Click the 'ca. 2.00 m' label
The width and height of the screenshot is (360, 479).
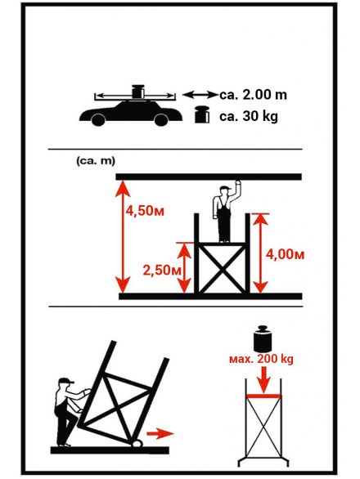(x=254, y=95)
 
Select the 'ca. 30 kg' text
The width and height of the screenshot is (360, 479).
(x=249, y=116)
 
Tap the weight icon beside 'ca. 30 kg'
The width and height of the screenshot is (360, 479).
(x=202, y=114)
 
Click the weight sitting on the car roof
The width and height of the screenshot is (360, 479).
(x=138, y=92)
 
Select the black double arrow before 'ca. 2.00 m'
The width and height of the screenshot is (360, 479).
(x=200, y=95)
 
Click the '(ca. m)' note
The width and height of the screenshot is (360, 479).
(x=96, y=161)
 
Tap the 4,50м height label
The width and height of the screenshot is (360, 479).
(x=145, y=211)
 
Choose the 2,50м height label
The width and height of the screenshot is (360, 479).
(x=162, y=270)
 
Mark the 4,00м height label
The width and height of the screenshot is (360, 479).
(x=285, y=254)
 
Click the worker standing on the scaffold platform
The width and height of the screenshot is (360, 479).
(x=226, y=212)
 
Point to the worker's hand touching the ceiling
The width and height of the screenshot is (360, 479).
(x=237, y=182)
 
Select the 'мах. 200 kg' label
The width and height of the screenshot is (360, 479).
(x=261, y=359)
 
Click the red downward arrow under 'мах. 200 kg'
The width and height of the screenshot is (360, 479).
(x=263, y=379)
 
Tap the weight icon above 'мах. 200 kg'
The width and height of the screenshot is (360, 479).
(x=263, y=338)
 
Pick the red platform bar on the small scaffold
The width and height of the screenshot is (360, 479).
(x=263, y=396)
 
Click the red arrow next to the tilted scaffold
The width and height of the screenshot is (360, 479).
(x=160, y=433)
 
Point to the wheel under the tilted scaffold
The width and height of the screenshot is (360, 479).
(x=137, y=443)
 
